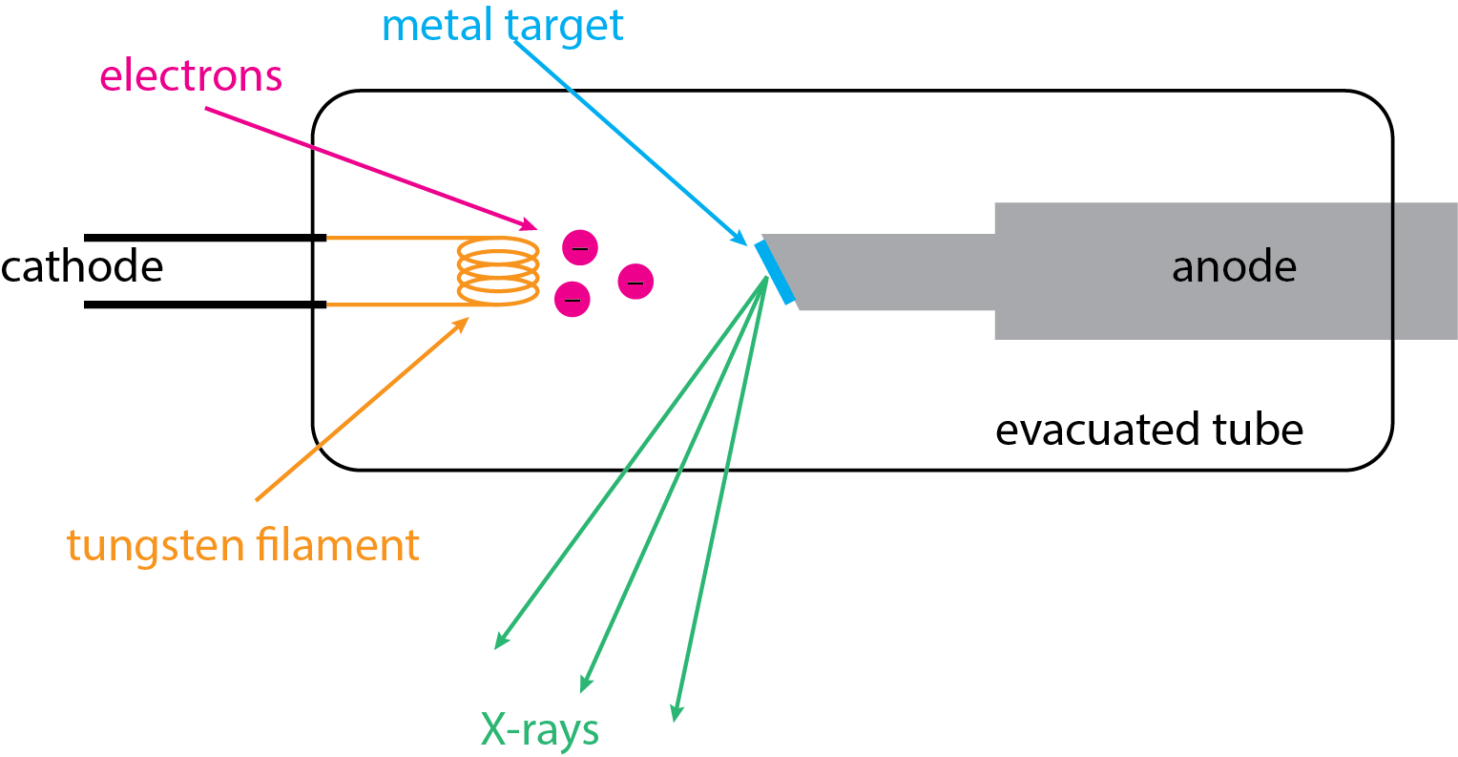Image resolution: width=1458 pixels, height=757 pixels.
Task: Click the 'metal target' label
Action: pos(502,25)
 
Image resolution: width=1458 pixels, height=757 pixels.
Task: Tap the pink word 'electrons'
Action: pos(191,75)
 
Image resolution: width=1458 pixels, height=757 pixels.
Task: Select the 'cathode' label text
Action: pos(82,266)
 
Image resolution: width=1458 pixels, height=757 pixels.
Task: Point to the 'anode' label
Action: pos(1234,267)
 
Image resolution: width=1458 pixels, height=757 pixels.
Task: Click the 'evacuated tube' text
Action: pos(1149,430)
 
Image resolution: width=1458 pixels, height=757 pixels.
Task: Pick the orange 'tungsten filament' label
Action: pos(243,545)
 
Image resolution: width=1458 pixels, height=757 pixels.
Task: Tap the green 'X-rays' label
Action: pos(540,730)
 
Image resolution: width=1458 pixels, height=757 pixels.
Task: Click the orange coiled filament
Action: pos(498,272)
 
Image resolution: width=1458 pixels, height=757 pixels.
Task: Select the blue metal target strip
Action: pos(775,272)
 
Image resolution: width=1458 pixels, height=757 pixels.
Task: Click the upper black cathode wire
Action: pos(205,238)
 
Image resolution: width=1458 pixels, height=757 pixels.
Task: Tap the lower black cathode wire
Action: pos(205,305)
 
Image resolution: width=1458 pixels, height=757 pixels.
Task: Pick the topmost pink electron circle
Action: pos(579,248)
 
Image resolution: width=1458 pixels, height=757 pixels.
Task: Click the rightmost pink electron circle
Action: pos(635,282)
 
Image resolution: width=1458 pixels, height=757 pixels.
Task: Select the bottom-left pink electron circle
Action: pos(573,299)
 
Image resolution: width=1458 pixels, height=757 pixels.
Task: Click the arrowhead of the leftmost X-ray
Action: pos(499,643)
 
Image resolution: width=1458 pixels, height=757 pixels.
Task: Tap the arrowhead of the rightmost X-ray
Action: pos(676,714)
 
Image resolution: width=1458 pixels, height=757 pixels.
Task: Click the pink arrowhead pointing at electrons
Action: pos(530,226)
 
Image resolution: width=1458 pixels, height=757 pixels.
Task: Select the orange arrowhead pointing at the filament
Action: pos(463,323)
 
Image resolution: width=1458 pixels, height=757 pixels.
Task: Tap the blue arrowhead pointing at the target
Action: pos(739,239)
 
